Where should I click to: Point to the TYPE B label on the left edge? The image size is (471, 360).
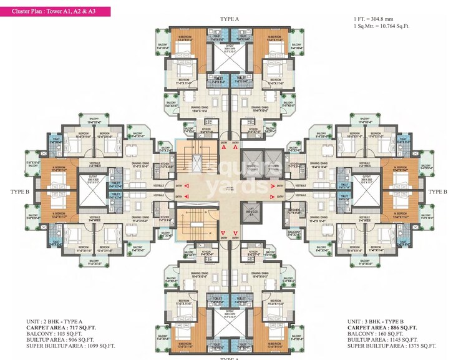16,192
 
